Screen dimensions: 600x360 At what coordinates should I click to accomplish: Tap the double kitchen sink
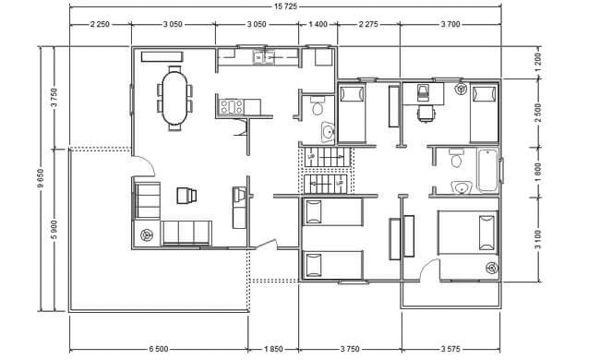pos(264,57)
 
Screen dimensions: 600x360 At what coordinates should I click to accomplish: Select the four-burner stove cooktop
pos(232,107)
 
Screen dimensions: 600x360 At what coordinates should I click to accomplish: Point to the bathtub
pos(487,170)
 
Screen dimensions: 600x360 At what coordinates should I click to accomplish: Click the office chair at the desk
pos(426,113)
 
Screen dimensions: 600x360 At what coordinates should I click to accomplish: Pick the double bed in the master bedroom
pos(468,232)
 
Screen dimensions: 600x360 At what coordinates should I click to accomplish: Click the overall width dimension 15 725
pos(285,6)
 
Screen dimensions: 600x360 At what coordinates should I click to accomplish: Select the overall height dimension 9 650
pos(41,179)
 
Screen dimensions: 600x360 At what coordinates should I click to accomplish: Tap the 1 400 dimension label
pos(318,24)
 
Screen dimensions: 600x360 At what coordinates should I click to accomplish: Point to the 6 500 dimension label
pos(159,349)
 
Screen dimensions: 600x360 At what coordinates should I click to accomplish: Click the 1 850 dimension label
pos(273,349)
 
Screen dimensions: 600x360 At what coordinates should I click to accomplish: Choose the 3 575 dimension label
pos(450,349)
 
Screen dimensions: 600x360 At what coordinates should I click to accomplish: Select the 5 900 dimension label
pos(54,230)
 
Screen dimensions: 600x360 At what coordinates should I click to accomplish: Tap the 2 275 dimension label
pos(368,24)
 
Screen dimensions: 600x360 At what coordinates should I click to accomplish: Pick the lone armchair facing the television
pos(187,195)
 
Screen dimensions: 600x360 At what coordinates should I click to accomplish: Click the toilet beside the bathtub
pos(456,159)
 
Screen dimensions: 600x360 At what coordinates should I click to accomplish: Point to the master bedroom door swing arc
pos(426,266)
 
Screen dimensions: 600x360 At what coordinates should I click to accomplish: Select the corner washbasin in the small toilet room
pos(328,132)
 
